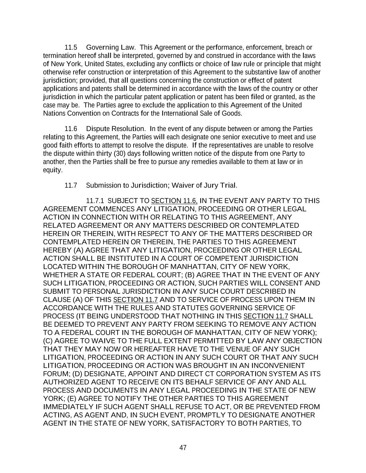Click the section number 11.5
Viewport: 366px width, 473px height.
click(x=71, y=47)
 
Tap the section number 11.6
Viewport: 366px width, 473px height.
click(x=71, y=129)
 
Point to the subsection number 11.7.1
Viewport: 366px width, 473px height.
click(x=96, y=201)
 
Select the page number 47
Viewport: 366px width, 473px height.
click(x=183, y=448)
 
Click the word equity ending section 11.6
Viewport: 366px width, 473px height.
click(x=52, y=170)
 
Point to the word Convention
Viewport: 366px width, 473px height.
click(x=83, y=113)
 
